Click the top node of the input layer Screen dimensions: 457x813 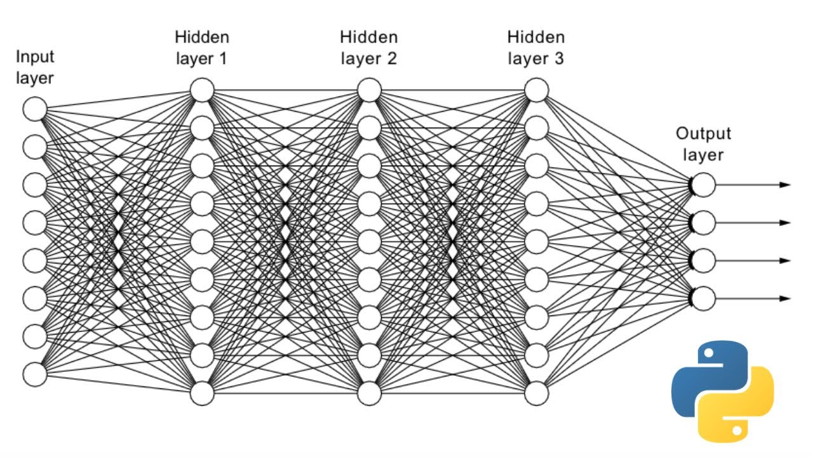click(35, 109)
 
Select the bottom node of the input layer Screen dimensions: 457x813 click(35, 373)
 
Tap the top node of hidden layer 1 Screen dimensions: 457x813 click(203, 90)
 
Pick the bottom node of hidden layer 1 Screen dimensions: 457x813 click(203, 394)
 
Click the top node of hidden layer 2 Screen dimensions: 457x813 click(370, 90)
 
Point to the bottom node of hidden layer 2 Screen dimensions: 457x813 click(370, 394)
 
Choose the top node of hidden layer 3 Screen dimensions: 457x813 click(537, 90)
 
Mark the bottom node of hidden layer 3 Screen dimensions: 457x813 click(537, 394)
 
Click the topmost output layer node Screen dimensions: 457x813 click(704, 185)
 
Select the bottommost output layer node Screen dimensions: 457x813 click(704, 298)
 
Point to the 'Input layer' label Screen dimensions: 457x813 click(35, 67)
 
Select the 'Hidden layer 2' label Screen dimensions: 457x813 click(370, 48)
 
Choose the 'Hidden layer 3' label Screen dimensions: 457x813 click(537, 48)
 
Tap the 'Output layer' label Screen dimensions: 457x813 click(703, 144)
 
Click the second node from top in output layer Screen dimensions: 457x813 click(704, 223)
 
